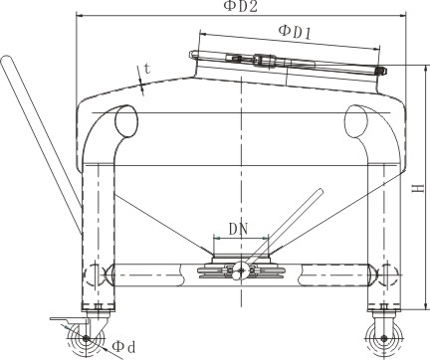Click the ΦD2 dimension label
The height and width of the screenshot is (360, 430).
click(241, 6)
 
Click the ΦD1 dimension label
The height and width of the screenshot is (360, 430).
click(295, 33)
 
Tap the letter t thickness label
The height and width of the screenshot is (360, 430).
click(147, 69)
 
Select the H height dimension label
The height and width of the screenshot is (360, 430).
click(420, 188)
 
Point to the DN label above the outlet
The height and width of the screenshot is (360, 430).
click(239, 229)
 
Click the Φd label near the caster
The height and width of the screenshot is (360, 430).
click(124, 347)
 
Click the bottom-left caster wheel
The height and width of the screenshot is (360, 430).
click(86, 338)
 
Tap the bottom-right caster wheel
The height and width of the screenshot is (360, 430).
click(384, 339)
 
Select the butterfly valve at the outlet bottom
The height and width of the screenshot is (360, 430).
click(240, 270)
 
